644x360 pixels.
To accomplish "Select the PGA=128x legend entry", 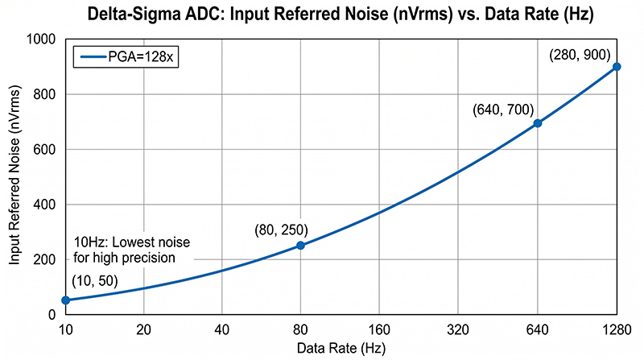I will coord(124,57).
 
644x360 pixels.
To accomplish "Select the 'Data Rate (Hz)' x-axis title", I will coord(341,348).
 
